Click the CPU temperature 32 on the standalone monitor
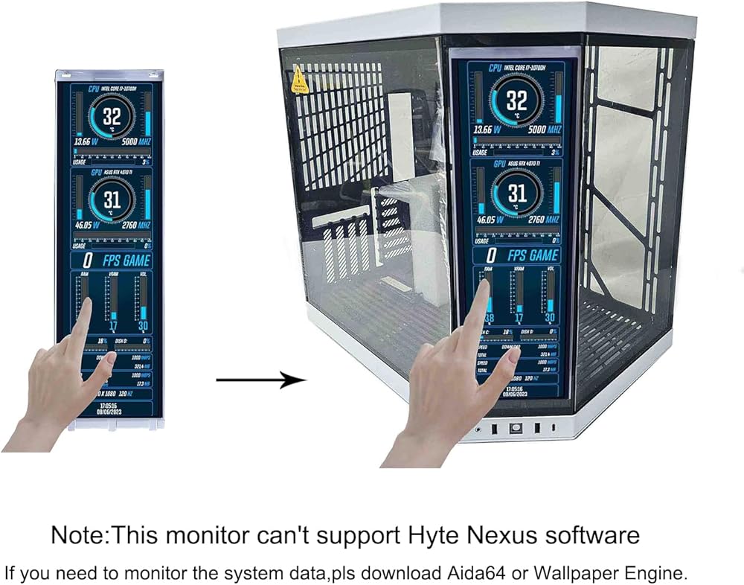coord(112,117)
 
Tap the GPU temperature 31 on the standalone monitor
coord(112,199)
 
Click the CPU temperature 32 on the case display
coord(516,100)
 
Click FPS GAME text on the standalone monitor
coord(126,260)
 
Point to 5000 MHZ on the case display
coord(542,130)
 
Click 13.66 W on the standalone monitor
coord(86,140)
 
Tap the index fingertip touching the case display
coord(483,286)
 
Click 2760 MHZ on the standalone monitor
coord(134,225)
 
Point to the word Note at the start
coord(73,534)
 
